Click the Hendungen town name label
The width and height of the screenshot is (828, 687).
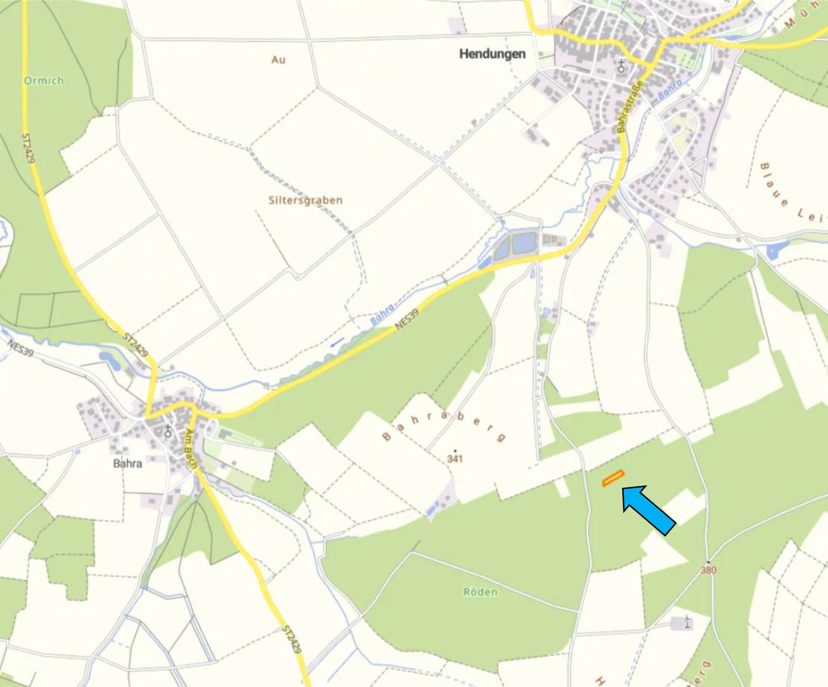[492, 54]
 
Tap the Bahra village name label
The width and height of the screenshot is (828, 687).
[127, 463]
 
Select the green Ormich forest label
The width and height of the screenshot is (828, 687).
[44, 81]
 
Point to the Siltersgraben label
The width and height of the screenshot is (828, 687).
[305, 200]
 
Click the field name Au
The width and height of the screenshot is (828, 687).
[278, 60]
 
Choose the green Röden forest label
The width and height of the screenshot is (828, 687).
[481, 592]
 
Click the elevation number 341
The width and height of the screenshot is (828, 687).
[455, 459]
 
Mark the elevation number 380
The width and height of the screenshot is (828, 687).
[708, 570]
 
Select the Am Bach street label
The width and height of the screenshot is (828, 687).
[191, 448]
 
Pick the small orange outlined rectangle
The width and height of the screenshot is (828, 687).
[613, 478]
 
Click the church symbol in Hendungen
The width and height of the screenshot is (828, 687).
[621, 67]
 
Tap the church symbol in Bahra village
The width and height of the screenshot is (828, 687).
[168, 431]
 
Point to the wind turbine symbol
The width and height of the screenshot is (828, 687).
[687, 621]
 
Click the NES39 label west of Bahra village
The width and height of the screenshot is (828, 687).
[20, 348]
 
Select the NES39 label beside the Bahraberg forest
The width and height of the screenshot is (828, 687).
[407, 319]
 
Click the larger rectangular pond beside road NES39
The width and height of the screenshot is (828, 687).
[524, 243]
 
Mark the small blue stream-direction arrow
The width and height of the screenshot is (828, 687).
[337, 341]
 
